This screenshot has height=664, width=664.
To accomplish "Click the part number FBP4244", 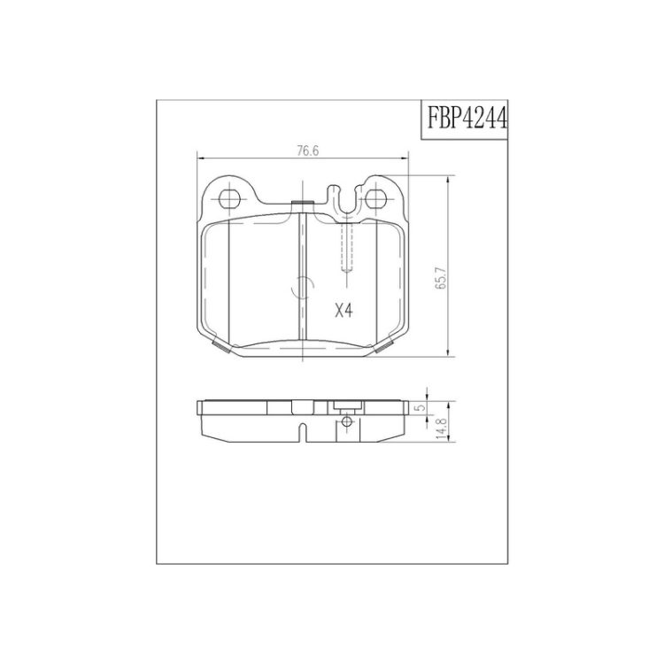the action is (x=467, y=119).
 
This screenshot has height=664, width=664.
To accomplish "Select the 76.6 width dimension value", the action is (x=307, y=151).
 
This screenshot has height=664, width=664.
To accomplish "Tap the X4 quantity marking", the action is (x=344, y=312).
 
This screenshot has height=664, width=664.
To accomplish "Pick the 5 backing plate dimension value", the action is (x=421, y=408).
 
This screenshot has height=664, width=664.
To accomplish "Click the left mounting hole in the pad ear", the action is (x=229, y=197).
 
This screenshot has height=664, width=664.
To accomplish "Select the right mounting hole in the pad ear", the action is (x=376, y=197).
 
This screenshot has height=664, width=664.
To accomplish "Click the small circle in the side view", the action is (x=347, y=421).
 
